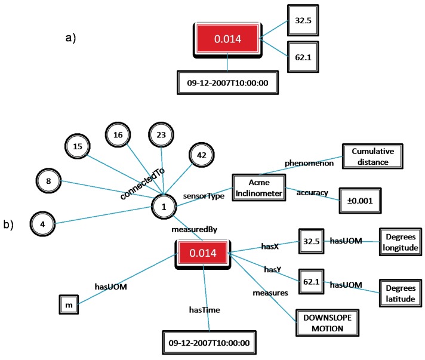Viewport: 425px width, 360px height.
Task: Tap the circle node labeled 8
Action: (49, 180)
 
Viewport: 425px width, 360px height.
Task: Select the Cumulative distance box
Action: (368, 156)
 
